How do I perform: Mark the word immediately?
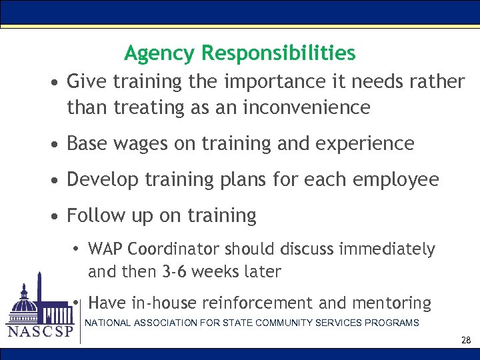387,249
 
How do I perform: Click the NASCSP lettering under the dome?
39,332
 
